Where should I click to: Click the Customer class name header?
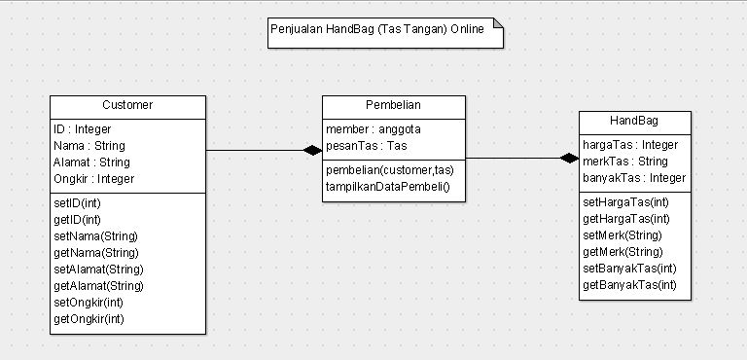click(x=127, y=105)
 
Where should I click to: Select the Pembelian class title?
click(x=393, y=105)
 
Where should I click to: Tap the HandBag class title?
click(x=634, y=121)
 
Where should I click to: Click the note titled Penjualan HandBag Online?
click(x=385, y=30)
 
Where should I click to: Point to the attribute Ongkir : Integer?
click(x=93, y=179)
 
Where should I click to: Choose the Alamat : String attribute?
click(x=91, y=162)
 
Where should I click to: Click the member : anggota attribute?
click(x=373, y=128)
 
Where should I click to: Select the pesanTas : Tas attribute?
click(x=366, y=145)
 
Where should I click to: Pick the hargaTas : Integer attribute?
click(x=629, y=144)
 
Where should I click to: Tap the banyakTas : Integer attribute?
click(x=633, y=178)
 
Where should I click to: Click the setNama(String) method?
click(x=95, y=235)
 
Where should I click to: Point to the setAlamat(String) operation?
click(x=98, y=269)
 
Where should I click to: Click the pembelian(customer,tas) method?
click(x=389, y=168)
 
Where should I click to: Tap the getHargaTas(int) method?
click(x=625, y=218)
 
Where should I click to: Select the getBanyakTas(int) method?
click(x=628, y=284)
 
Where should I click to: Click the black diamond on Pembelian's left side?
click(x=311, y=150)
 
